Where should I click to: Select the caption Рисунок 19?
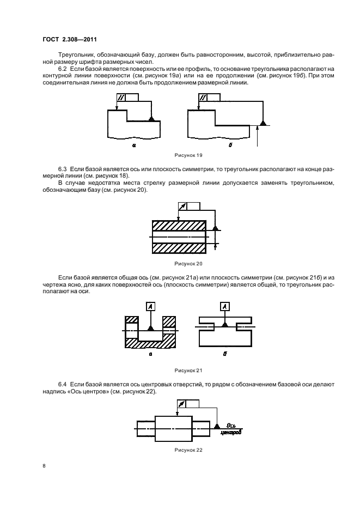(x=184, y=155)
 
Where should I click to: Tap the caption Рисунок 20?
(x=185, y=263)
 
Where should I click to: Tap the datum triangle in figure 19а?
(x=152, y=118)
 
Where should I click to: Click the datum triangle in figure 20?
(x=216, y=227)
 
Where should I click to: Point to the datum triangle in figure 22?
(x=217, y=424)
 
